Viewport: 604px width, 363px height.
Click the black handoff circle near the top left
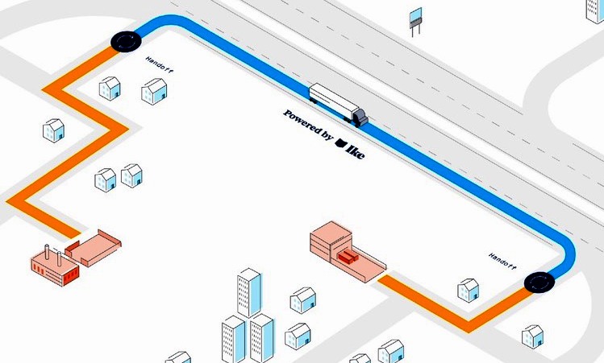point(126,41)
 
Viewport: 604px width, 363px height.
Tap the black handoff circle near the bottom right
point(539,283)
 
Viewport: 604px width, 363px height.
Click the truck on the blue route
point(338,105)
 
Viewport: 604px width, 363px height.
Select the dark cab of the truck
point(360,118)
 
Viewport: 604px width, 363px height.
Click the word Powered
point(302,122)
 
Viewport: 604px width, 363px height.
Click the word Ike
point(355,151)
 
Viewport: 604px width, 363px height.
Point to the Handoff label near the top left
point(160,64)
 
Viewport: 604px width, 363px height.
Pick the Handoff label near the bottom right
point(502,261)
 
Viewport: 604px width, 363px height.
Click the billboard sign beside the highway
point(415,22)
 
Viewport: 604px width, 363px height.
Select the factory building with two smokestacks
point(55,266)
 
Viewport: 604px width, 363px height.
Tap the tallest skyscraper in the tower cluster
point(249,292)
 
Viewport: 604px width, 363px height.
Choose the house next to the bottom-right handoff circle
point(468,291)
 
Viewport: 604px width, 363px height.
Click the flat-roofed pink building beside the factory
point(93,248)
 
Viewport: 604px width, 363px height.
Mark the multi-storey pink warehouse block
point(331,241)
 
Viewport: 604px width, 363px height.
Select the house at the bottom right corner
point(532,336)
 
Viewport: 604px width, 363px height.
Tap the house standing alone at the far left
point(53,130)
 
